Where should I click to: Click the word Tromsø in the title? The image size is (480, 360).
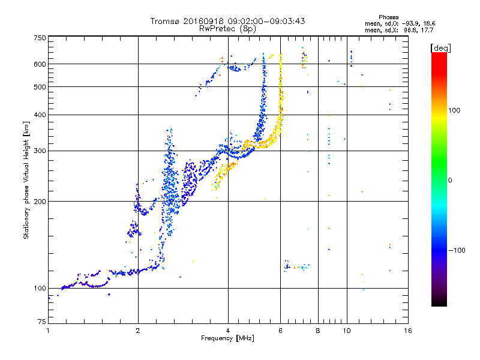pyautogui.click(x=164, y=21)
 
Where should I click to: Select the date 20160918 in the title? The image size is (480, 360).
pyautogui.click(x=202, y=21)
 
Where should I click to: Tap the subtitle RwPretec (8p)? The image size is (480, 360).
pyautogui.click(x=227, y=28)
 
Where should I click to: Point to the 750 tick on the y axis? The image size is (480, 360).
pyautogui.click(x=40, y=38)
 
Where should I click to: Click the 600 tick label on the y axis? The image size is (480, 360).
pyautogui.click(x=40, y=64)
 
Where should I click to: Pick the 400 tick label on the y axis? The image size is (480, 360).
pyautogui.click(x=40, y=115)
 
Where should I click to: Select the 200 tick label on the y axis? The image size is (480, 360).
pyautogui.click(x=40, y=201)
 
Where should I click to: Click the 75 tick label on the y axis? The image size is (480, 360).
pyautogui.click(x=41, y=323)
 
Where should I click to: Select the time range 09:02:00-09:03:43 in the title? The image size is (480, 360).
pyautogui.click(x=266, y=21)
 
